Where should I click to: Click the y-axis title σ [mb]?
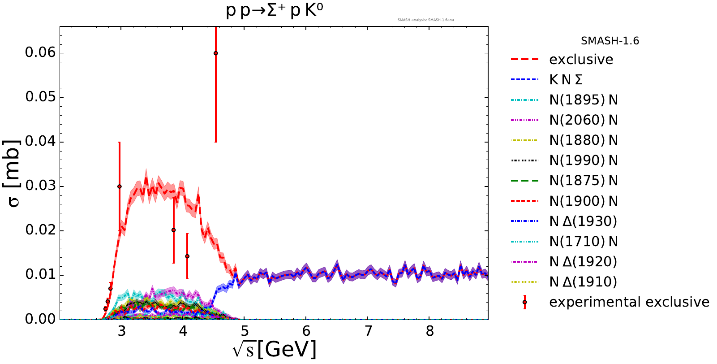(x=14, y=173)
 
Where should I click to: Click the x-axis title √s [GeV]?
(x=274, y=349)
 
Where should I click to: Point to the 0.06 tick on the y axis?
(x=40, y=52)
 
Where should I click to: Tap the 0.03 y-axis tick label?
(x=40, y=186)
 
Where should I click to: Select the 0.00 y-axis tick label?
(x=40, y=319)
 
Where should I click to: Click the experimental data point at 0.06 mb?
(x=215, y=53)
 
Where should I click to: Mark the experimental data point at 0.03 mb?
(x=119, y=186)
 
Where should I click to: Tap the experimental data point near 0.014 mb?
(x=187, y=256)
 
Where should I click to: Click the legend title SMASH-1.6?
(x=610, y=41)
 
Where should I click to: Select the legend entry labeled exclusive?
(x=581, y=60)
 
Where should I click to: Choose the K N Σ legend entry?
(x=566, y=80)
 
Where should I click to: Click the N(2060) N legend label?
(x=583, y=120)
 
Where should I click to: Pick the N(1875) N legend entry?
(x=583, y=181)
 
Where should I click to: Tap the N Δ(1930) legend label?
(x=583, y=221)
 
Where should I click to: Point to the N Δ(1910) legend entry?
(x=583, y=282)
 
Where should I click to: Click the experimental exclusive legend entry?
(x=629, y=302)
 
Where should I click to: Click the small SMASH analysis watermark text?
(x=425, y=20)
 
